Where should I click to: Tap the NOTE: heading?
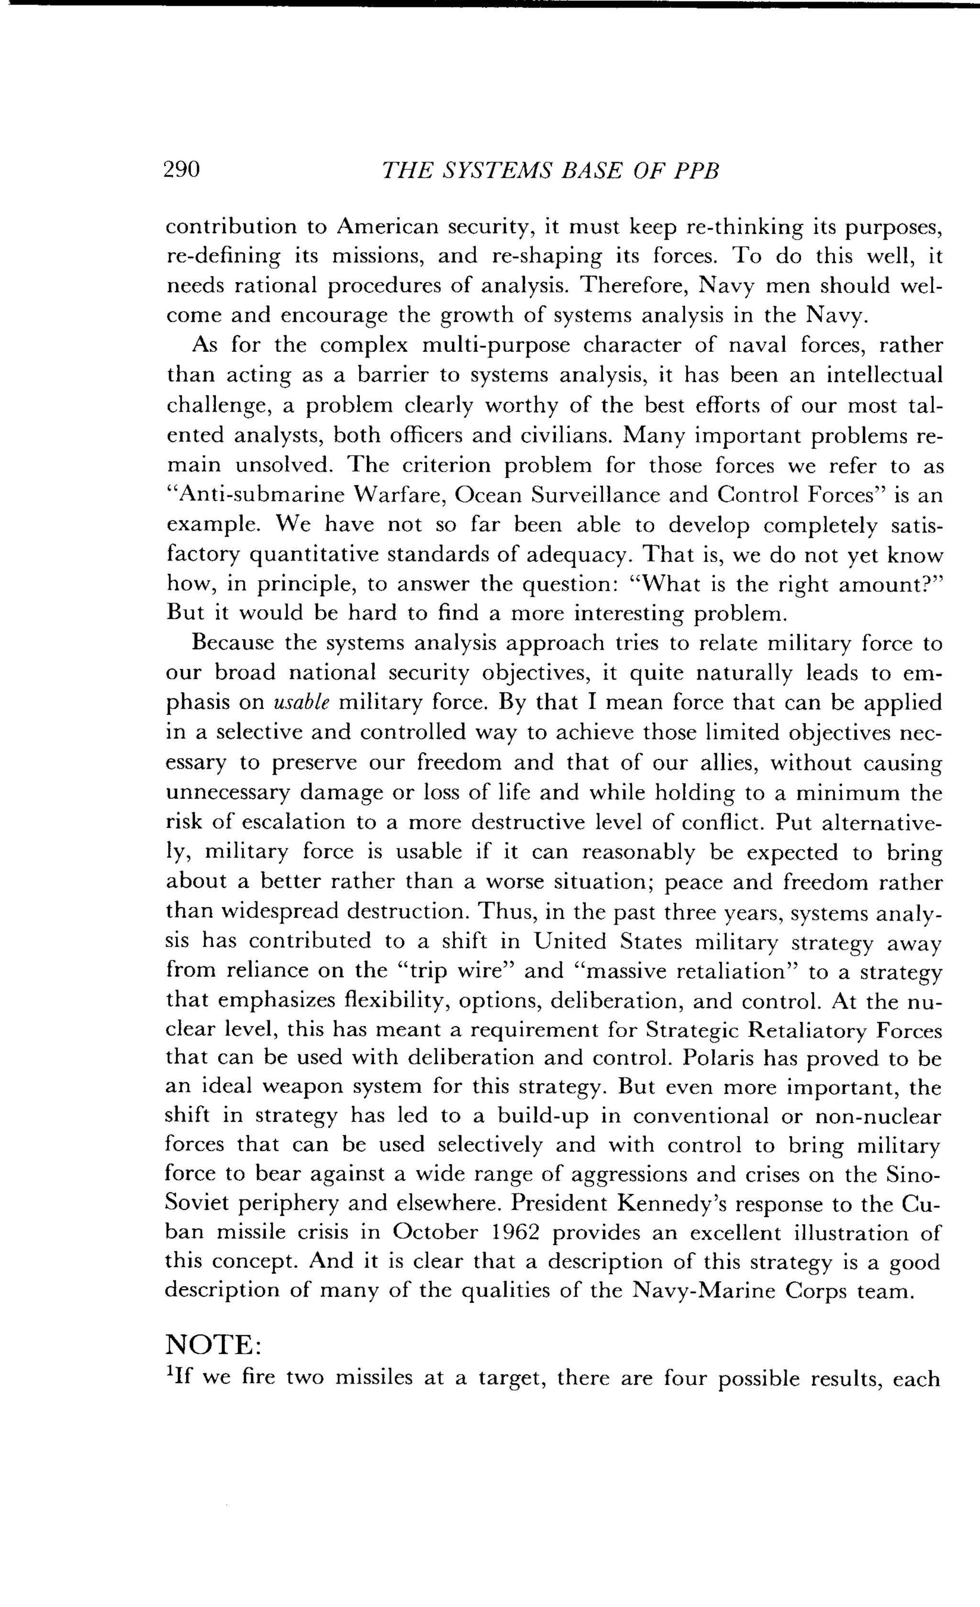(x=214, y=1345)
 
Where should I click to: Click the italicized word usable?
(x=302, y=703)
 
